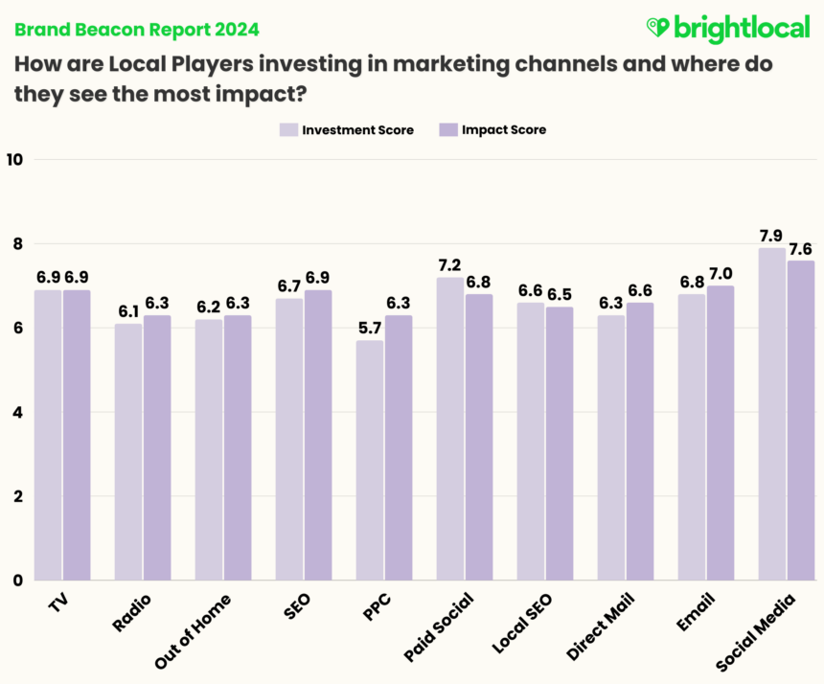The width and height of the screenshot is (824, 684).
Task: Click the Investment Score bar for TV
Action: [48, 435]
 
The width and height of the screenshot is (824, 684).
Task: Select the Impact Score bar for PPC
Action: [399, 447]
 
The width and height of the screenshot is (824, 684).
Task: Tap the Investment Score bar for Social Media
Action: [771, 414]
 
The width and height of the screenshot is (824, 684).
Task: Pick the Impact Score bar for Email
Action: [721, 433]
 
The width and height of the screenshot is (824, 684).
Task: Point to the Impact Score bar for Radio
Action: [157, 447]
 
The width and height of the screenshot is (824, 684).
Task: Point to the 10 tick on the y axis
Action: [14, 160]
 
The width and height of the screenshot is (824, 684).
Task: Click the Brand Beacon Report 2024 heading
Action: [135, 29]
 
